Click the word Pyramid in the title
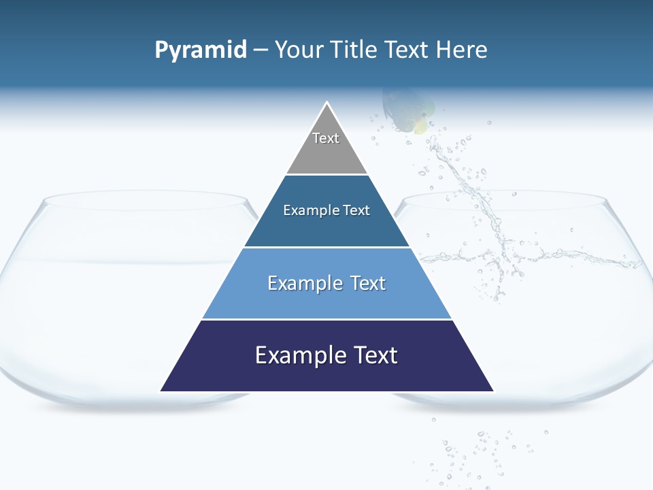click(x=201, y=50)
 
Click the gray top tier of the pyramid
click(x=326, y=153)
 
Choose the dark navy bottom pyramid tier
click(x=326, y=371)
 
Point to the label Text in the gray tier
click(x=326, y=138)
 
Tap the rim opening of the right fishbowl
click(x=503, y=201)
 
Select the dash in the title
click(x=261, y=50)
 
